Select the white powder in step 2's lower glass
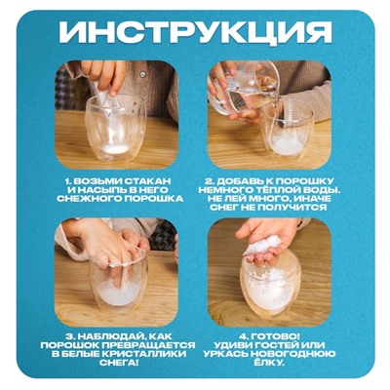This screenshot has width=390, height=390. [x=289, y=144]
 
